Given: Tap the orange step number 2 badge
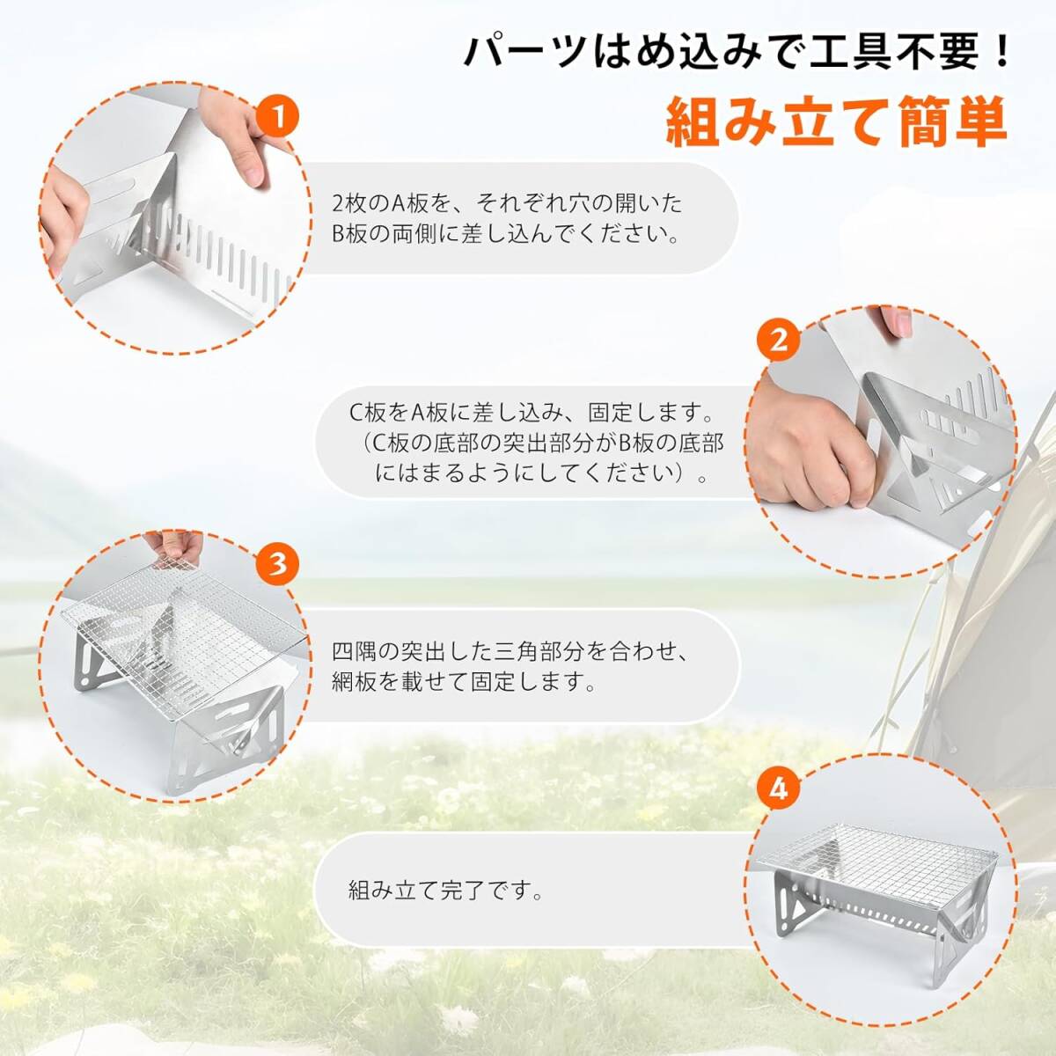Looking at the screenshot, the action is (x=778, y=341).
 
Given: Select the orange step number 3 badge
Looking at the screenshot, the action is (x=278, y=563).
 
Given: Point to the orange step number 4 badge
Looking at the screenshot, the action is (x=778, y=789).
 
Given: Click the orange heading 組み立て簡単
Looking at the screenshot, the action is (x=837, y=128).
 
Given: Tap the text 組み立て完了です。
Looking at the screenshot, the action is (x=445, y=891).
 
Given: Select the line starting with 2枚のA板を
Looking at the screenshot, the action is (x=508, y=204).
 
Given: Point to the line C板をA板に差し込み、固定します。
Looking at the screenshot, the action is (x=532, y=413).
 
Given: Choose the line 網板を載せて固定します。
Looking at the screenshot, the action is (x=464, y=682).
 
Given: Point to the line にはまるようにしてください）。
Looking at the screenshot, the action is (x=539, y=473).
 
